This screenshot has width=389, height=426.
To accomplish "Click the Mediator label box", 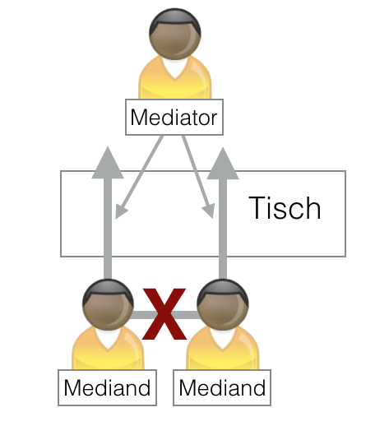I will [x=174, y=118].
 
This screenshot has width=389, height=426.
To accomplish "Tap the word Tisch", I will [x=284, y=208].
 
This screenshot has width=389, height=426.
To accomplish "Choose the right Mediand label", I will [x=223, y=387].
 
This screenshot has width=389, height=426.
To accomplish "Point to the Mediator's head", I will [x=174, y=32].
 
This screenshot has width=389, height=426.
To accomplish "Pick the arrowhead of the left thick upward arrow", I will [x=107, y=163].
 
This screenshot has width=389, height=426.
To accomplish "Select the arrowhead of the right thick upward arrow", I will [x=221, y=163].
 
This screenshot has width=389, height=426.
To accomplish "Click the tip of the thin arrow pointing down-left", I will [x=119, y=215].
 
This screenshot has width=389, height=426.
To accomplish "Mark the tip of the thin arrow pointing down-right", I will [x=210, y=215].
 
